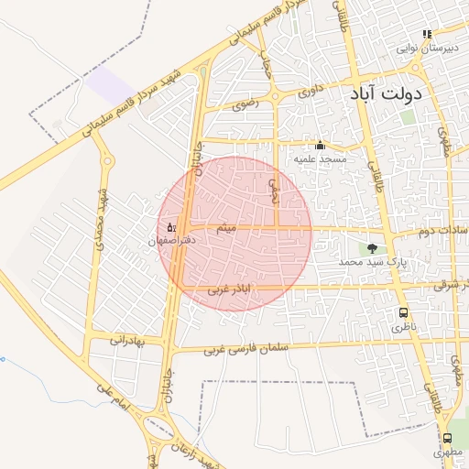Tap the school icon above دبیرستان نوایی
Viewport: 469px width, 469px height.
[x=427, y=34]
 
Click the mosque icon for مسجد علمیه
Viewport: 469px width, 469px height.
[x=320, y=145]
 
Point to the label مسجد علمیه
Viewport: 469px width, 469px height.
[x=320, y=158]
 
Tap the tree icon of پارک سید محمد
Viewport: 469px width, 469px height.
[x=372, y=248]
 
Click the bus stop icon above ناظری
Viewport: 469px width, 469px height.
[x=403, y=312]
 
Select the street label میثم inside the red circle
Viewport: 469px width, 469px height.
[x=225, y=227]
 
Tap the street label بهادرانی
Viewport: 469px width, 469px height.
[x=127, y=340]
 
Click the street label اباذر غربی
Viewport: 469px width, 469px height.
[x=230, y=290]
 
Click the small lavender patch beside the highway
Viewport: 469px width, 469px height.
[x=111, y=87]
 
